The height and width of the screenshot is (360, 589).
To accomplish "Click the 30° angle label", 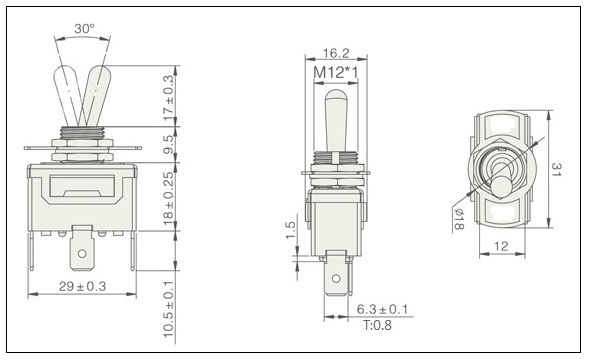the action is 84,28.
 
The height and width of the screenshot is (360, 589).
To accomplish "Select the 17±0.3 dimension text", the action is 169,98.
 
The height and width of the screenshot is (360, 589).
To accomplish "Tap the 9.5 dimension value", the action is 169,145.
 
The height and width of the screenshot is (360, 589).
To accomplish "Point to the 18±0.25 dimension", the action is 169,199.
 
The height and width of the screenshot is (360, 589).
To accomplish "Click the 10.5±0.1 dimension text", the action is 169,309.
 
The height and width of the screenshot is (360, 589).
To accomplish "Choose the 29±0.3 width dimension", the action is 82,286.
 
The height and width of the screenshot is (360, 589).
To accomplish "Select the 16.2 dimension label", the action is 336,53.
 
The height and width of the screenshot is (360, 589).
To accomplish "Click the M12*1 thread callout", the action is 335,72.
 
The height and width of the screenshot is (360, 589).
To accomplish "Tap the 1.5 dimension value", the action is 291,230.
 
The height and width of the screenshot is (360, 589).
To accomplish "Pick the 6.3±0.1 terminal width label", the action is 382,309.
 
